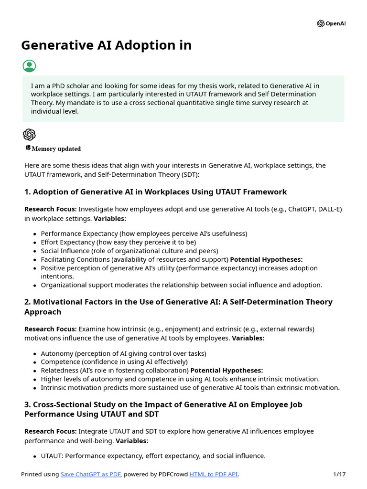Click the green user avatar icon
(x=29, y=66)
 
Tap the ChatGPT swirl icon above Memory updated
(x=29, y=135)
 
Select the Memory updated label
(x=56, y=149)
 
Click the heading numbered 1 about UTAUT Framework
(x=155, y=192)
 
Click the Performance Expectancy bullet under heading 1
(x=144, y=234)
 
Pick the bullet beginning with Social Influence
(x=129, y=251)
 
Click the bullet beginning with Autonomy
(x=123, y=353)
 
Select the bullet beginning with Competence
(x=114, y=362)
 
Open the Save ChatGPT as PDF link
(x=91, y=474)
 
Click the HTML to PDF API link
(x=214, y=474)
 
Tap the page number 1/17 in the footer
(x=339, y=474)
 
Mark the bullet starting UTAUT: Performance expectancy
(x=153, y=456)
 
